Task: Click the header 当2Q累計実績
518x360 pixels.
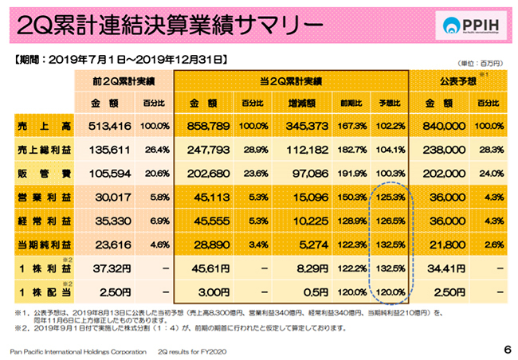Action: [290, 80]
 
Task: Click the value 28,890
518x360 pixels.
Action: [209, 241]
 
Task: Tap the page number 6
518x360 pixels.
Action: [507, 350]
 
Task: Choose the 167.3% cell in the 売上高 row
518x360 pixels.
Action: [351, 126]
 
